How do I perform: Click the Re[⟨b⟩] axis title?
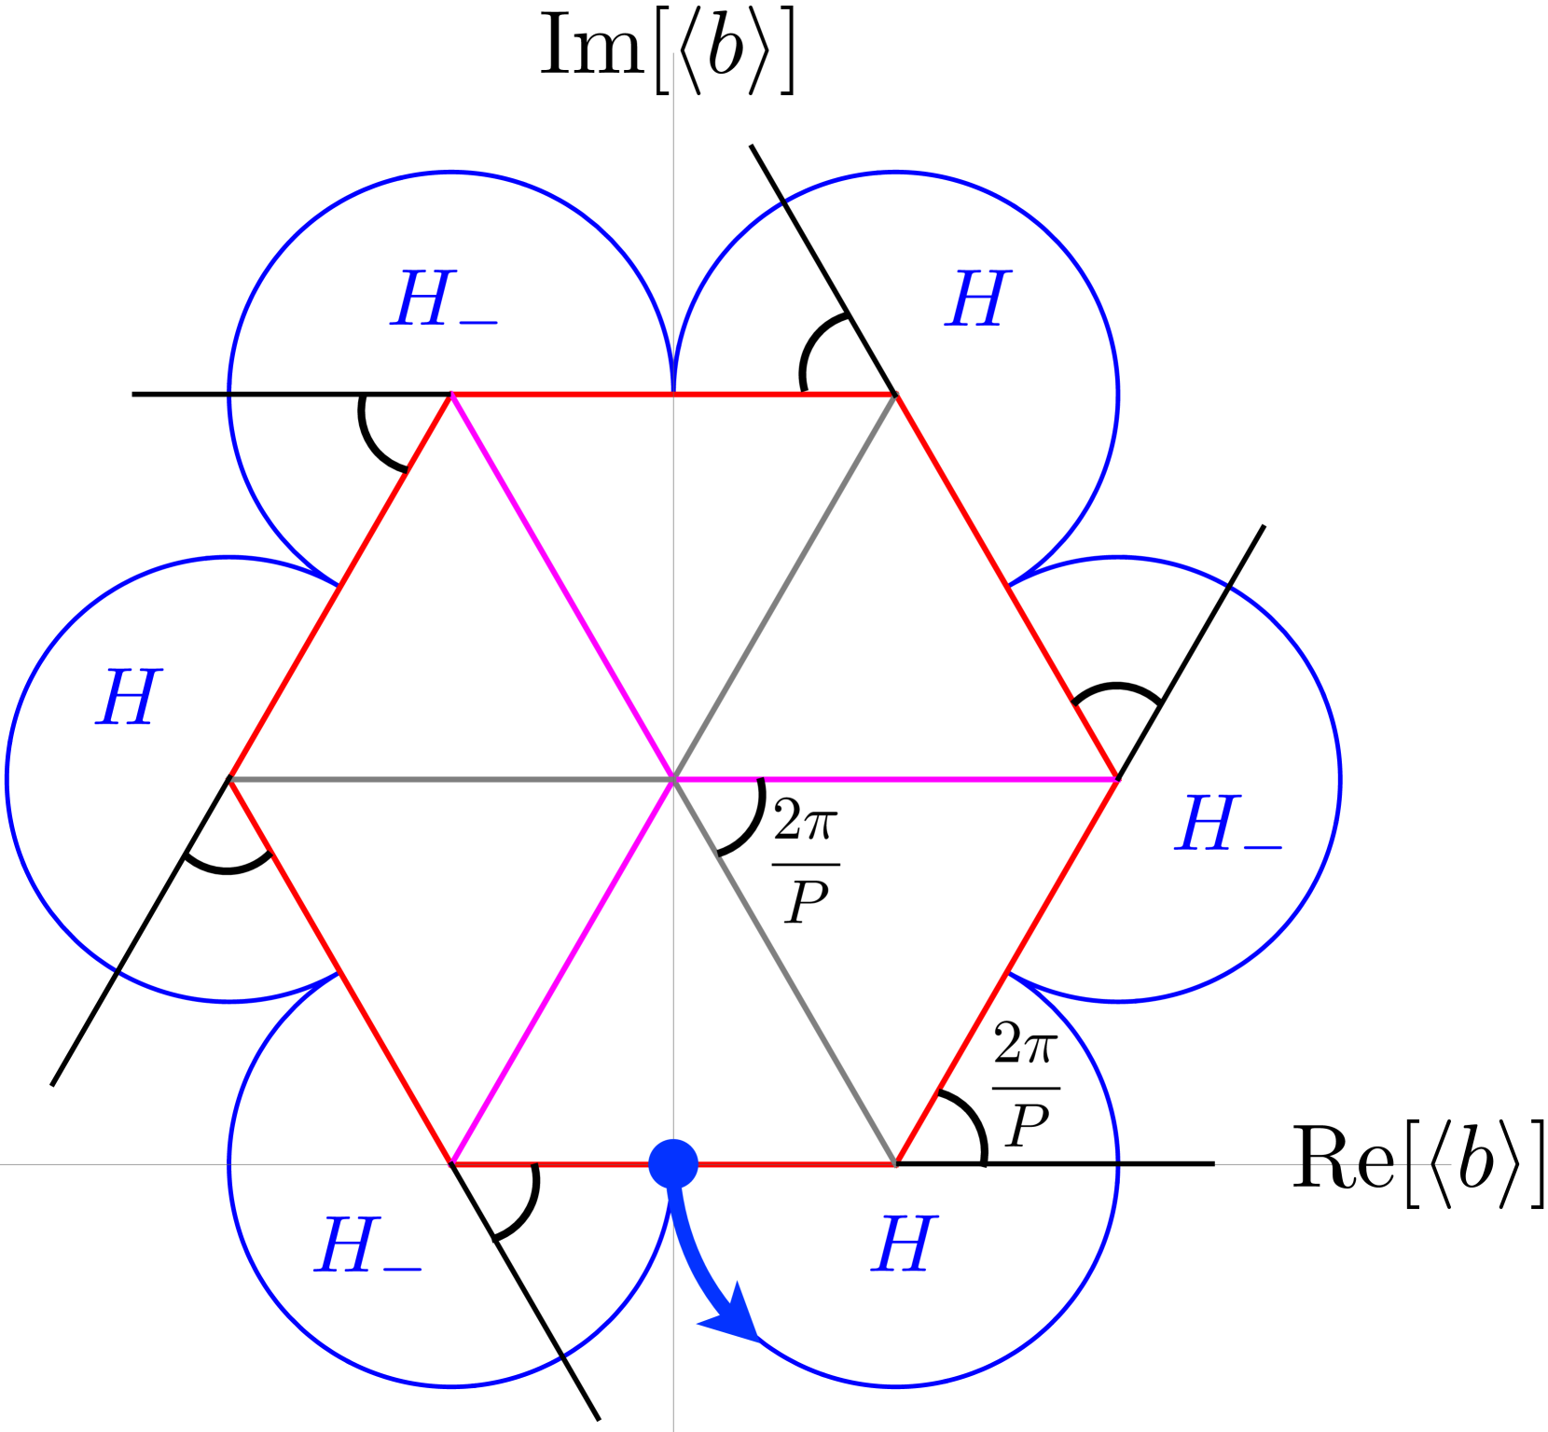[1417, 1164]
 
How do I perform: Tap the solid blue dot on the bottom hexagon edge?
[673, 1163]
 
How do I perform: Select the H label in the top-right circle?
[977, 299]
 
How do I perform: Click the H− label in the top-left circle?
[443, 299]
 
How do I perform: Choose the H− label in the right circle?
[1227, 824]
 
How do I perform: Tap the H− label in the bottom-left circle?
[368, 1245]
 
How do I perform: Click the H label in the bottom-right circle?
[903, 1244]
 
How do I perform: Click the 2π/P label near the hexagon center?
[806, 863]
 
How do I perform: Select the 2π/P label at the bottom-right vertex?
[1025, 1086]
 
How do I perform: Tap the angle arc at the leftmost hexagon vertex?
[228, 869]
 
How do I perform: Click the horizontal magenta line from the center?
[895, 778]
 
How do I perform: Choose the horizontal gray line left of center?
[451, 778]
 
